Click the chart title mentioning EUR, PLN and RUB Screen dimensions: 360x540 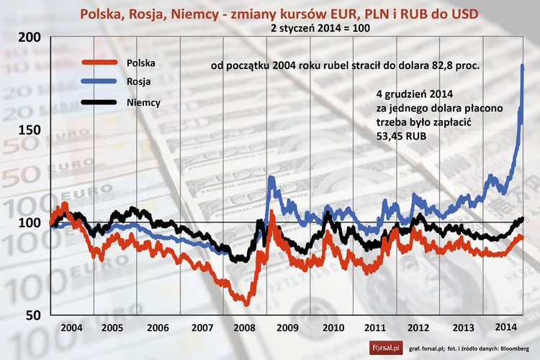coord(270,14)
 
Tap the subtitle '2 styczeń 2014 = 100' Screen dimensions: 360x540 coord(270,29)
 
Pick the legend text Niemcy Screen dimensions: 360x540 coord(143,102)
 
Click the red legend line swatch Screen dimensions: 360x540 coord(99,63)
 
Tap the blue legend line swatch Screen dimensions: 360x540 coord(99,82)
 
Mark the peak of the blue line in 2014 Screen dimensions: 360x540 coord(522,66)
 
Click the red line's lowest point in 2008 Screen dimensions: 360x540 coord(246,304)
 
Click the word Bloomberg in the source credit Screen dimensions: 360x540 coord(513,348)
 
